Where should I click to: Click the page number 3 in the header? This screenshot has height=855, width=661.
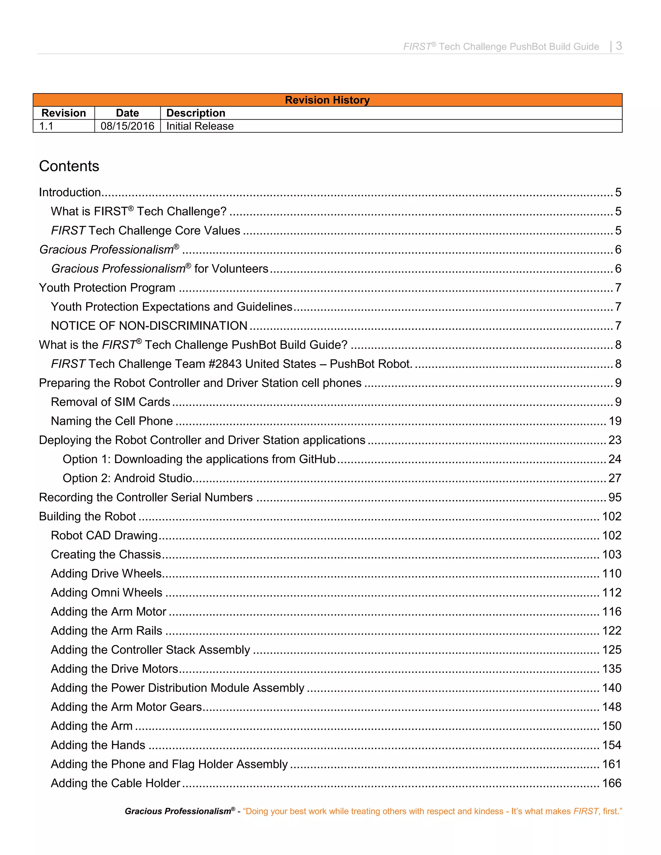click(x=619, y=46)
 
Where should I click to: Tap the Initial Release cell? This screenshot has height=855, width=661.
click(x=200, y=126)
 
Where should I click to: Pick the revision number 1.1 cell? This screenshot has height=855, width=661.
click(x=46, y=126)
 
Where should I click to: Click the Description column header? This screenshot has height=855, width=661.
click(x=196, y=113)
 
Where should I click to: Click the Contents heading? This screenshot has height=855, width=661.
click(x=69, y=166)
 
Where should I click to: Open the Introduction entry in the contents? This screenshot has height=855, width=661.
click(x=70, y=192)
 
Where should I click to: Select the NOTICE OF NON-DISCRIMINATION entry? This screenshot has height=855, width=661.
click(x=149, y=326)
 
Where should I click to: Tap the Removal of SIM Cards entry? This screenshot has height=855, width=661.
click(x=110, y=402)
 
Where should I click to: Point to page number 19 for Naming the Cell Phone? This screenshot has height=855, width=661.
click(x=615, y=421)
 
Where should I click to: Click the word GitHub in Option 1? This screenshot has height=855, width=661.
click(x=317, y=459)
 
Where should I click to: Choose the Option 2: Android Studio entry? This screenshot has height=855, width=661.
click(x=127, y=478)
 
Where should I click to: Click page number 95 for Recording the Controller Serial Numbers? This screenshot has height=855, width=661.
click(x=615, y=497)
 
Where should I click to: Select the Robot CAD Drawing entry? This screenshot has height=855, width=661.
click(x=104, y=535)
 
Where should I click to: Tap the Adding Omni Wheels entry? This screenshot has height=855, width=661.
click(x=107, y=592)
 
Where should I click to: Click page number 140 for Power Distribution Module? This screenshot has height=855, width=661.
click(x=612, y=688)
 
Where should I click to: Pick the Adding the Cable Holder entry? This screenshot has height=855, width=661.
click(x=116, y=783)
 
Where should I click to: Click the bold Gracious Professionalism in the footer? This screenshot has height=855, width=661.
click(x=178, y=811)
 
